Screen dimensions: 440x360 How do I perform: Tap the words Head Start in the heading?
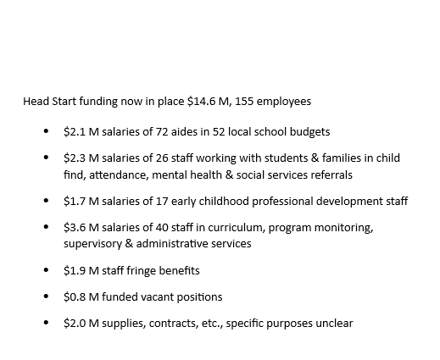pos(47,102)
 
